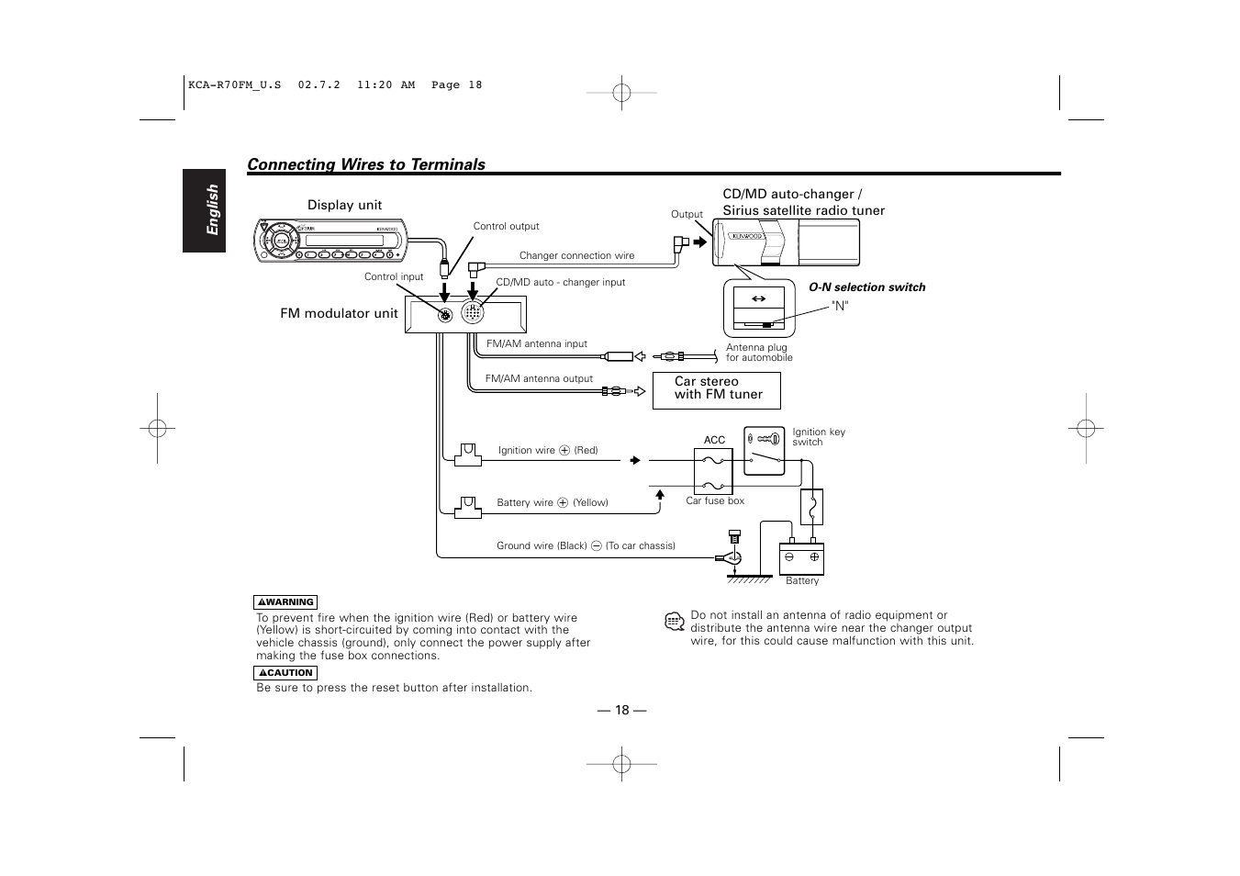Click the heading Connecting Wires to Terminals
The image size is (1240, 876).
pos(366,164)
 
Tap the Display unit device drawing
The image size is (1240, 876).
pos(330,241)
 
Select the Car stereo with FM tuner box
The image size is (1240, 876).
pos(716,389)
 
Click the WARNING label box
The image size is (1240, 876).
pos(285,602)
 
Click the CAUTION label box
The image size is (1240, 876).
pos(285,673)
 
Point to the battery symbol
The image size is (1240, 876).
pos(801,558)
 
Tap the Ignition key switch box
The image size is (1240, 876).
pos(764,451)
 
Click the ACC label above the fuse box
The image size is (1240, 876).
pos(714,441)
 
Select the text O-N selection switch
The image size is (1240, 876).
pos(866,287)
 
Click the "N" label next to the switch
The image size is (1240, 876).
pos(840,306)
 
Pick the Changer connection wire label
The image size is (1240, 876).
pos(576,256)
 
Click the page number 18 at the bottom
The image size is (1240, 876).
pos(622,710)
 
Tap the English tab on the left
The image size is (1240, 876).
pos(204,210)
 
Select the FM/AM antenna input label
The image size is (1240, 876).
pos(536,344)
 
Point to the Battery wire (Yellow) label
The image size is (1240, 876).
pos(552,502)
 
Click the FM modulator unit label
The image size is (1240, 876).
pos(339,313)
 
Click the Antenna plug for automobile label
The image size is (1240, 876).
pos(758,353)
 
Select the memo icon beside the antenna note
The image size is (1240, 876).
pos(675,622)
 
